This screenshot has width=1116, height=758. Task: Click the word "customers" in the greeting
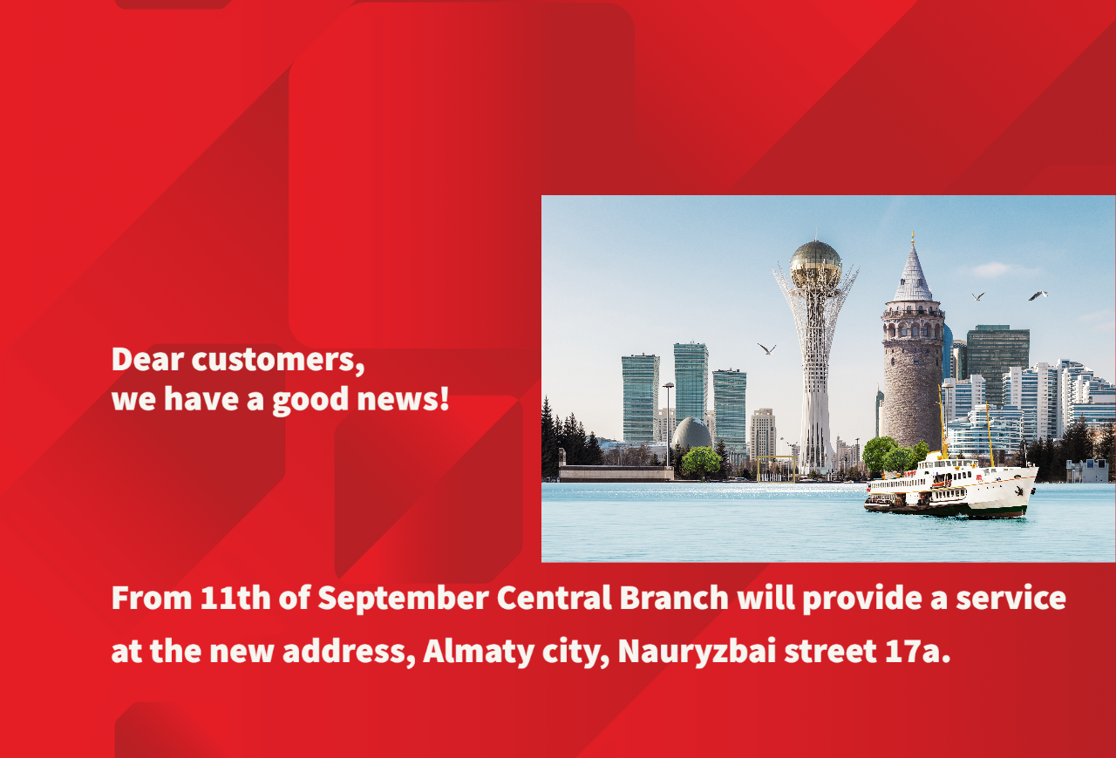pyautogui.click(x=278, y=360)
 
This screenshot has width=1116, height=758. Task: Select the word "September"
pyautogui.click(x=403, y=599)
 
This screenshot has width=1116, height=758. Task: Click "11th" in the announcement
pyautogui.click(x=235, y=597)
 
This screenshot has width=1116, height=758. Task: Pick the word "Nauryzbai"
pyautogui.click(x=697, y=652)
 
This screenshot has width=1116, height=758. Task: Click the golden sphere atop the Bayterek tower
pyautogui.click(x=815, y=265)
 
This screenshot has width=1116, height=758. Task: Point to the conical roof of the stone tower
pyautogui.click(x=913, y=273)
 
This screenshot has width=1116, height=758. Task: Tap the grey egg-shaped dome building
pyautogui.click(x=691, y=434)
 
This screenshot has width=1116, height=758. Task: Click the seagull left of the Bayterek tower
pyautogui.click(x=766, y=349)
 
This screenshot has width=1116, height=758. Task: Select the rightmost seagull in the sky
pyautogui.click(x=1038, y=295)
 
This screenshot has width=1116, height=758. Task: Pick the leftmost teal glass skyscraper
pyautogui.click(x=641, y=398)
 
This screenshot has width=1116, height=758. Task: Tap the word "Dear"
pyautogui.click(x=147, y=359)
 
